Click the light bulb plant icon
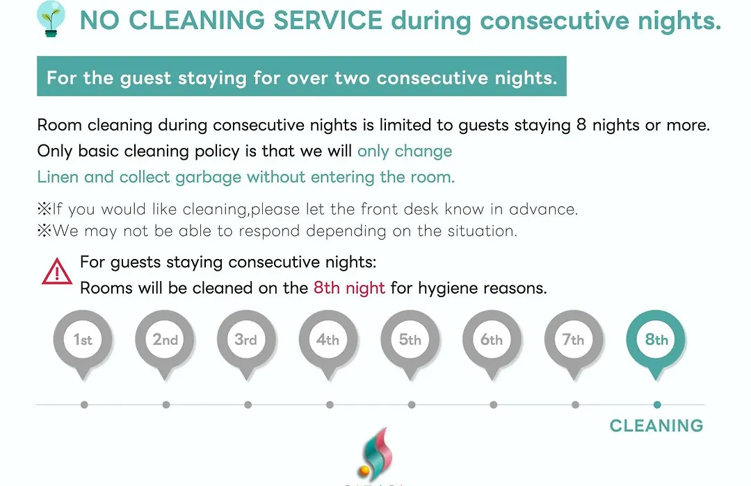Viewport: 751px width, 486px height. (x=51, y=19)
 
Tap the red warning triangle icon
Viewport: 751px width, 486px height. (x=57, y=271)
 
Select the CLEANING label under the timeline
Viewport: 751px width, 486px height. (x=656, y=426)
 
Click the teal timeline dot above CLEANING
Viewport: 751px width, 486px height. (x=657, y=405)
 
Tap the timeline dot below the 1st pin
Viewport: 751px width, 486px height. (x=84, y=405)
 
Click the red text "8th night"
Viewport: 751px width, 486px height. (x=349, y=288)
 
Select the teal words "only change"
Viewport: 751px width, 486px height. (x=405, y=151)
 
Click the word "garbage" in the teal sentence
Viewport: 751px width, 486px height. (x=209, y=178)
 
